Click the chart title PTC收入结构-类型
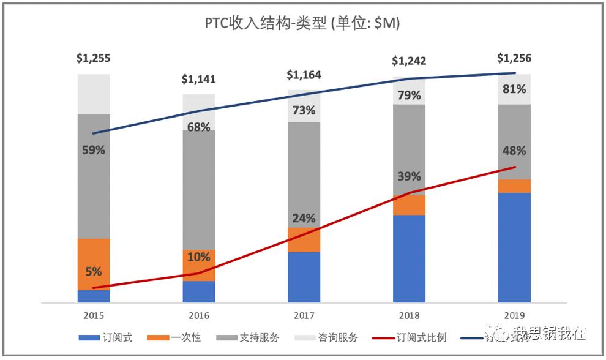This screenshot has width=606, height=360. pyautogui.click(x=302, y=23)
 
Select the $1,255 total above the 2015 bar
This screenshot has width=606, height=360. pyautogui.click(x=94, y=58)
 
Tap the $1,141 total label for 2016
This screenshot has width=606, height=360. pyautogui.click(x=199, y=79)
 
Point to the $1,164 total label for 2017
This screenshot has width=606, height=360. pyautogui.click(x=304, y=75)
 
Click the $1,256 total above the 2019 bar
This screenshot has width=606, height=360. pyautogui.click(x=514, y=58)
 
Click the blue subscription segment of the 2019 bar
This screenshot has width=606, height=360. pyautogui.click(x=514, y=247)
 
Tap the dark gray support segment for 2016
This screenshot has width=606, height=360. pyautogui.click(x=199, y=196)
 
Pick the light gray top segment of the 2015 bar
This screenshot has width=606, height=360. pyautogui.click(x=94, y=94)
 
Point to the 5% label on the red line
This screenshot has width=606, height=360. pyautogui.click(x=94, y=272)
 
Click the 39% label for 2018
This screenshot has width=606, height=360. pyautogui.click(x=409, y=176)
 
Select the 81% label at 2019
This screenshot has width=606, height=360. pyautogui.click(x=514, y=89)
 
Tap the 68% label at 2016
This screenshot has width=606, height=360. pyautogui.click(x=199, y=127)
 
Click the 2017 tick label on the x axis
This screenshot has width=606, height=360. pyautogui.click(x=304, y=315)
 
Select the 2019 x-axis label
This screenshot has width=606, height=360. pyautogui.click(x=514, y=315)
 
